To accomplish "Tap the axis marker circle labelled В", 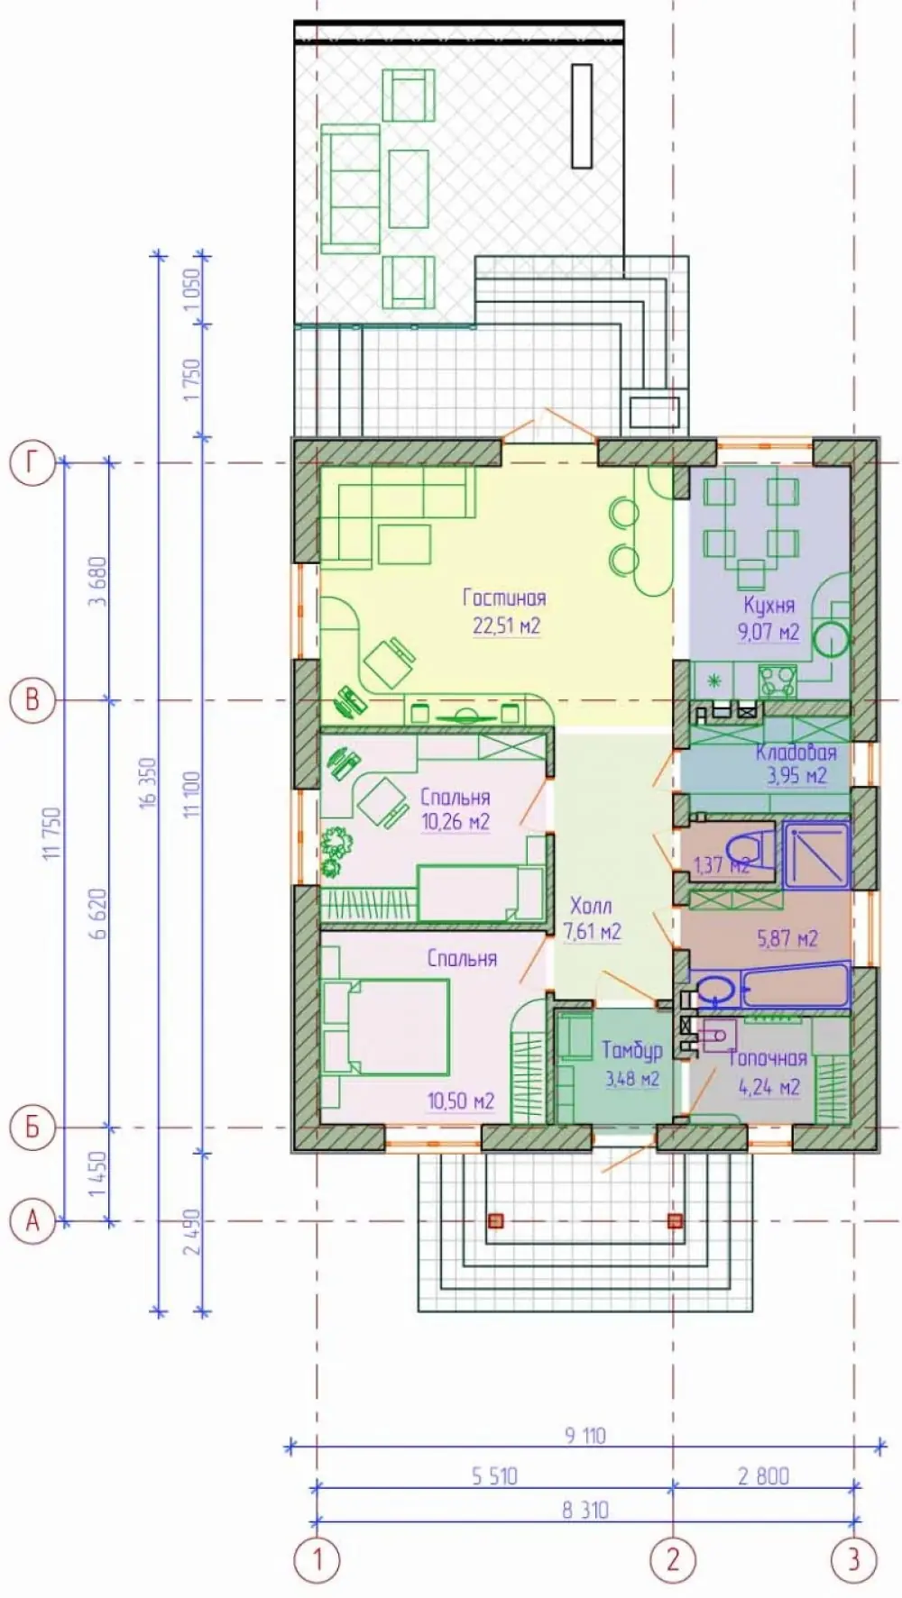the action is (32, 700).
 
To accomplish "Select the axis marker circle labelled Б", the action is (32, 1128).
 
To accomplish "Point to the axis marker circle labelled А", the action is (32, 1221).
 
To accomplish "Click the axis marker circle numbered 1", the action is (317, 1559).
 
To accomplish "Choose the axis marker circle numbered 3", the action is (853, 1559).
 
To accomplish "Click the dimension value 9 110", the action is (585, 1435).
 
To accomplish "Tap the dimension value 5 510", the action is (494, 1476).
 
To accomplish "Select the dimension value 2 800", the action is (763, 1476).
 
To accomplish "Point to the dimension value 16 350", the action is (148, 781).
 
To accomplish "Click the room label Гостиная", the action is (504, 598).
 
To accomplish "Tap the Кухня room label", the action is (769, 605).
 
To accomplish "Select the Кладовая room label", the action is (796, 752).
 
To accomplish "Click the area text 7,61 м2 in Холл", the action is (592, 931).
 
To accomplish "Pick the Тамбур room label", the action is (632, 1050).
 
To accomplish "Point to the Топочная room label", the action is (768, 1059).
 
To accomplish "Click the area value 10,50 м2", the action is (461, 1101).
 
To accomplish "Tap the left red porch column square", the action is (494, 1221).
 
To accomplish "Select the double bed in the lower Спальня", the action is (386, 1027).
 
